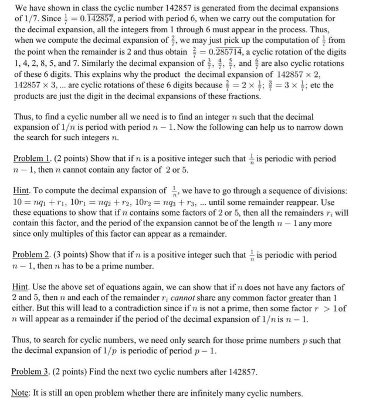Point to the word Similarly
click(x=104, y=63)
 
